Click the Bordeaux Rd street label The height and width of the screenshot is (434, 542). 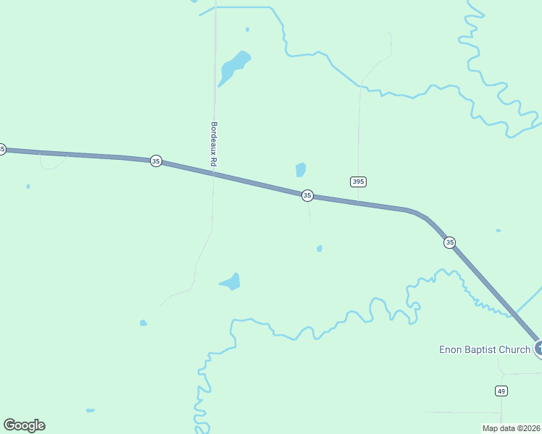click(214, 145)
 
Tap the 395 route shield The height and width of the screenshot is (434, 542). click(357, 182)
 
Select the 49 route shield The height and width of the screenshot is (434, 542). click(501, 391)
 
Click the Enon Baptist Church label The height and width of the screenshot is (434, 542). click(485, 350)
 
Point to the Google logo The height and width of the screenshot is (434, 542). click(24, 425)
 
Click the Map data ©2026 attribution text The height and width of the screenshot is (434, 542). click(511, 427)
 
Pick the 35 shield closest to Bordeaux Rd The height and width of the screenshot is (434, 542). click(156, 161)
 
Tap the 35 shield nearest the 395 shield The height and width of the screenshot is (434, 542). click(307, 195)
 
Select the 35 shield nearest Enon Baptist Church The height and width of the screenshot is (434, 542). click(450, 242)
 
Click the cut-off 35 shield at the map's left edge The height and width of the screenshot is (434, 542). click(2, 149)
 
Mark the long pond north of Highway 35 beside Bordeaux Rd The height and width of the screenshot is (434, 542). click(233, 67)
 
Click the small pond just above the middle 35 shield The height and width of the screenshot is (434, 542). click(301, 170)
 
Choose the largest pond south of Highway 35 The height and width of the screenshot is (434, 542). click(231, 281)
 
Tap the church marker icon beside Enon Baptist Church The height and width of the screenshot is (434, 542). click(538, 349)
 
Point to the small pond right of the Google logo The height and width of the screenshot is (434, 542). click(91, 411)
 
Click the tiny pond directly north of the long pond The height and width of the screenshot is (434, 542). click(247, 30)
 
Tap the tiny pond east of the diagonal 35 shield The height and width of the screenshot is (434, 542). click(498, 231)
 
